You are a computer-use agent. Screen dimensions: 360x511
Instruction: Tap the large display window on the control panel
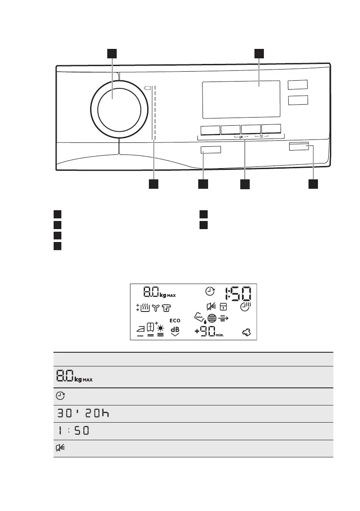(x=241, y=100)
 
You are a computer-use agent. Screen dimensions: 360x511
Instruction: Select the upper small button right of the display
(x=298, y=85)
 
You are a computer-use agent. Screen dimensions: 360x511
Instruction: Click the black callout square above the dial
(x=112, y=53)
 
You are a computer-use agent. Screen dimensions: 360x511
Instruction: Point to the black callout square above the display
(x=259, y=53)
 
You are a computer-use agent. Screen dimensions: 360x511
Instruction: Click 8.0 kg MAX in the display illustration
(x=159, y=293)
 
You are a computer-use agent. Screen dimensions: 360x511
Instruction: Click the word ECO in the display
(x=175, y=321)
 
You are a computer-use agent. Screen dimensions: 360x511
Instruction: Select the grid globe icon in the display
(x=212, y=319)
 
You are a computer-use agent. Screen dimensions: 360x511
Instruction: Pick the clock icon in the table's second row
(x=59, y=396)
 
